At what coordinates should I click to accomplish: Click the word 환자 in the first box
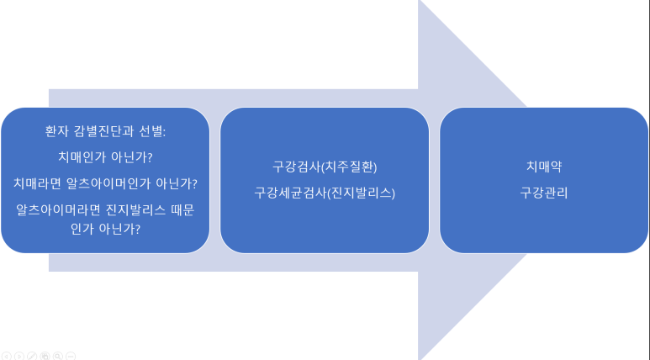tap(57, 131)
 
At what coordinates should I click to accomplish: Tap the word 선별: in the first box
tap(152, 131)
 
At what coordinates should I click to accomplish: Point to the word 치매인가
tap(82, 157)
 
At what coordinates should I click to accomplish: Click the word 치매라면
tap(38, 183)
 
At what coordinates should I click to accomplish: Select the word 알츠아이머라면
tap(59, 209)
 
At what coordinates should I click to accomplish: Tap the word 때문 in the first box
tap(182, 209)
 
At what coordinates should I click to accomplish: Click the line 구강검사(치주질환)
tap(325, 167)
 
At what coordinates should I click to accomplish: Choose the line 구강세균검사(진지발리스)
tap(325, 193)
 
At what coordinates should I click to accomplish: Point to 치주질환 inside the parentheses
tap(350, 167)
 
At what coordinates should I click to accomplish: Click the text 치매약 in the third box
tap(544, 167)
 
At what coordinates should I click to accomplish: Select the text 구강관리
tap(544, 193)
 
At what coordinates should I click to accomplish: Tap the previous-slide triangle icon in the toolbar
tap(6, 356)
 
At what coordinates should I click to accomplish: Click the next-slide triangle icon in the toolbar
tap(19, 356)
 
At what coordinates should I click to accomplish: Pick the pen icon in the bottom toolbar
tap(32, 356)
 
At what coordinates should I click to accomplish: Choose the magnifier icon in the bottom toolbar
tap(58, 356)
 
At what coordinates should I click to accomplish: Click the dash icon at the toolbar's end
tap(71, 356)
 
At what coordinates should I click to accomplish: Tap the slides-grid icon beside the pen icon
tap(45, 356)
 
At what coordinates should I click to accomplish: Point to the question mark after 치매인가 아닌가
tap(150, 157)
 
